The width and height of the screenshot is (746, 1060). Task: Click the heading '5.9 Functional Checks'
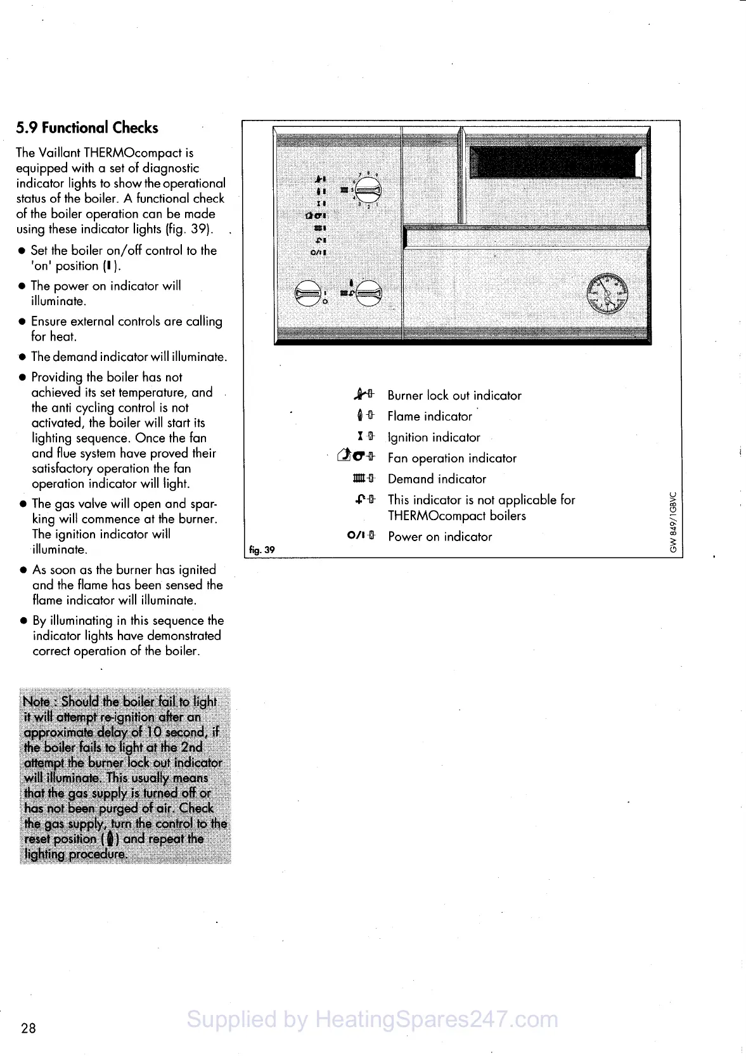87,128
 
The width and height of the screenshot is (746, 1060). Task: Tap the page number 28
29,1028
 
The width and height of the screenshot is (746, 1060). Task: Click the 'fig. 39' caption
262,549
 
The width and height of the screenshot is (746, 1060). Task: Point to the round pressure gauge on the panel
607,292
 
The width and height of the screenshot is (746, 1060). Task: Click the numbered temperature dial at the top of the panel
368,188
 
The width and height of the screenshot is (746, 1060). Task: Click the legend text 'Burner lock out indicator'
454,395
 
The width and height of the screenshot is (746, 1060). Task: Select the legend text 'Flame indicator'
430,416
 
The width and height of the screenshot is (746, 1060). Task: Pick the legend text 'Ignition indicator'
434,437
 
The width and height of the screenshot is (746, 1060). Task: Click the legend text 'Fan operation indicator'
452,458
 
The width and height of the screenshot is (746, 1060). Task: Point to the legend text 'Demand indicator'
437,479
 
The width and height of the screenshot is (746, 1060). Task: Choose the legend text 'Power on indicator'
440,537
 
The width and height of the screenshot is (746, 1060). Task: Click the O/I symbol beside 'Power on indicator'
356,536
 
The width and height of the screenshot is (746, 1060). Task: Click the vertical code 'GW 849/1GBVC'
673,522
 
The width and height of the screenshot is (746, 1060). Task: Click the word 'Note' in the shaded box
36,702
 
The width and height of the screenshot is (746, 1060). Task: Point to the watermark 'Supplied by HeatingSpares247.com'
373,1019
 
